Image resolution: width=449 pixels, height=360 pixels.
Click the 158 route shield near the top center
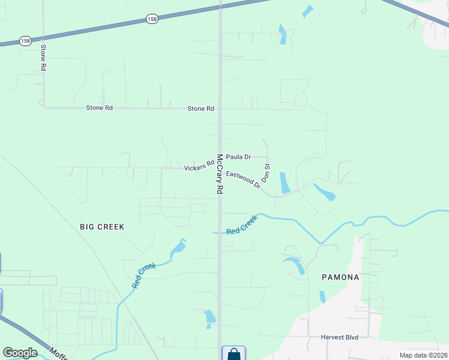coord(152,20)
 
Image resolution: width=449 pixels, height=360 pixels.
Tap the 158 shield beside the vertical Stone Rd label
coord(25,41)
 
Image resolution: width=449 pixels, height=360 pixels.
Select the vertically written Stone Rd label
coord(43,58)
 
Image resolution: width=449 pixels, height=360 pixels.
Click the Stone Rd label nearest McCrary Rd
coord(200,109)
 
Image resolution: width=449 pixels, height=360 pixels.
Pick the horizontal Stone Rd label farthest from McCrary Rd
coord(99,108)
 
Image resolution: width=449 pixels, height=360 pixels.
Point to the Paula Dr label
coord(238,157)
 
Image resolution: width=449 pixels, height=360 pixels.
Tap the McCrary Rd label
coord(220,174)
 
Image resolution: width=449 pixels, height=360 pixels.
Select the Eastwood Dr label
coord(244,180)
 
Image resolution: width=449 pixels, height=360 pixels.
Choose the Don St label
coord(268,173)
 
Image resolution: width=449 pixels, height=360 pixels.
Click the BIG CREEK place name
coord(102,227)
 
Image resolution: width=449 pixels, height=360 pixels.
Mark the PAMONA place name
coord(340,277)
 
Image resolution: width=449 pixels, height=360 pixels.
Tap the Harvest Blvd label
coord(339,337)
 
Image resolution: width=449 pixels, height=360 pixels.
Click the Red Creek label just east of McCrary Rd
coord(241,224)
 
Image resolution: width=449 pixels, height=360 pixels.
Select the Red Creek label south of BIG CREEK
coord(144,275)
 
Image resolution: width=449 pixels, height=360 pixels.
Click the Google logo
coord(19,352)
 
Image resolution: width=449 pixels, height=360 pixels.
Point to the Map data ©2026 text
coord(423,355)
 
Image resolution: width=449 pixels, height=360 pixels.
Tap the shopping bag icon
coord(234,354)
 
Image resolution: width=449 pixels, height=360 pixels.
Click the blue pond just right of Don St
coord(285,182)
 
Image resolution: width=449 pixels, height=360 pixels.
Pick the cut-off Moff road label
coord(59,354)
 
